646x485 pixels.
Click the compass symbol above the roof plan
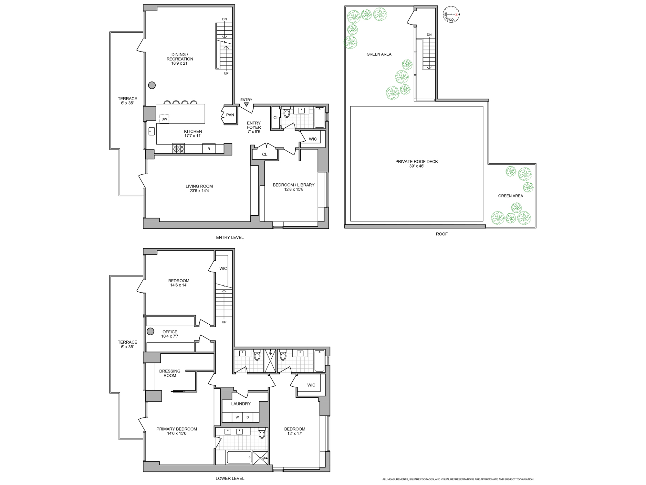(451, 15)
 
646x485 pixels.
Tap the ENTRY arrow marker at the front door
(246, 104)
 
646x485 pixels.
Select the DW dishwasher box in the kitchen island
(164, 119)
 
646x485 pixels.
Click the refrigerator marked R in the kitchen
(209, 149)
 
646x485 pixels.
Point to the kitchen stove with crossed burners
(178, 148)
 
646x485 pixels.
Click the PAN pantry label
(230, 115)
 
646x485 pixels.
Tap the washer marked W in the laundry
(237, 417)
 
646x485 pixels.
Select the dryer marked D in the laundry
(248, 417)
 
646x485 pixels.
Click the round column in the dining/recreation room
(152, 85)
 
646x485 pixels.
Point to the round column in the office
(150, 331)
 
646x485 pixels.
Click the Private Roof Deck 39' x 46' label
(416, 164)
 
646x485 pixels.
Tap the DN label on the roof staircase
(429, 35)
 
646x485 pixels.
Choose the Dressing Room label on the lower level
(170, 373)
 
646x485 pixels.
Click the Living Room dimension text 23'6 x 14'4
(199, 191)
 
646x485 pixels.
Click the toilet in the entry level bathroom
(287, 113)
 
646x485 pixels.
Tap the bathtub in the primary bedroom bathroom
(239, 457)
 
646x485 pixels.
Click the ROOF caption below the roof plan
(442, 234)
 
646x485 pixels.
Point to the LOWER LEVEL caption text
(230, 478)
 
